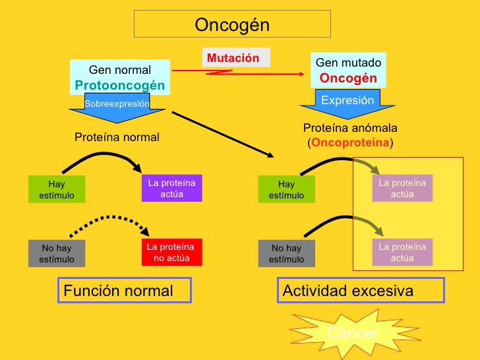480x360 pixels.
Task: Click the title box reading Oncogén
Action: (232, 25)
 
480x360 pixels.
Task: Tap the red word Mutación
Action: (233, 58)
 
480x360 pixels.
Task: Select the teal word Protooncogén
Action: (120, 86)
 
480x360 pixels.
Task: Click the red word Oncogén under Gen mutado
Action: (348, 78)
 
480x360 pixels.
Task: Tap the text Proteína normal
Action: (117, 137)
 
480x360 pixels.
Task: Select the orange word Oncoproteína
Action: (350, 143)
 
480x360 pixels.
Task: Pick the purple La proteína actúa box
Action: (171, 188)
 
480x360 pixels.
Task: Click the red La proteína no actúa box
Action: (171, 253)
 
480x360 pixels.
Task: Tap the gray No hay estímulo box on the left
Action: (57, 254)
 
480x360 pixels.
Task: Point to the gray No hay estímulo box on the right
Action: (286, 254)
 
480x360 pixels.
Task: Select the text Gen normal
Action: (120, 70)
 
